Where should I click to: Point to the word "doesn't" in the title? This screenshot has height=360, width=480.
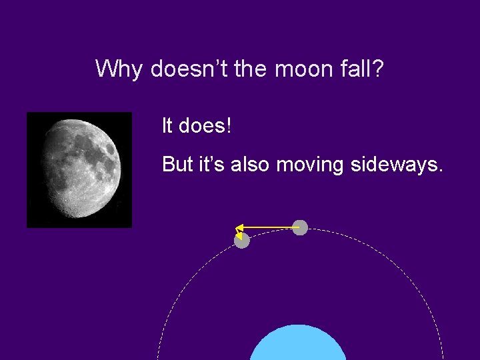tap(188, 69)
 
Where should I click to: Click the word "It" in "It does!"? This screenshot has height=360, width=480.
tap(167, 125)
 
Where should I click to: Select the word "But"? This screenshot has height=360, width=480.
tap(177, 164)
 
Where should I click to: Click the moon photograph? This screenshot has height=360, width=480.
tap(79, 169)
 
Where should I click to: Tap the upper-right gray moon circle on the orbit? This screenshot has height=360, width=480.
tap(301, 227)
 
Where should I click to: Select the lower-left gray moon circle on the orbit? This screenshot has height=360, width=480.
tap(242, 241)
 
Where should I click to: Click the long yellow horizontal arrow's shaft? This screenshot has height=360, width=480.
tap(270, 227)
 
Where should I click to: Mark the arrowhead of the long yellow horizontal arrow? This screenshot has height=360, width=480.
tap(239, 227)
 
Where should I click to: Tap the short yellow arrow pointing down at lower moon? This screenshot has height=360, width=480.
tap(238, 233)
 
